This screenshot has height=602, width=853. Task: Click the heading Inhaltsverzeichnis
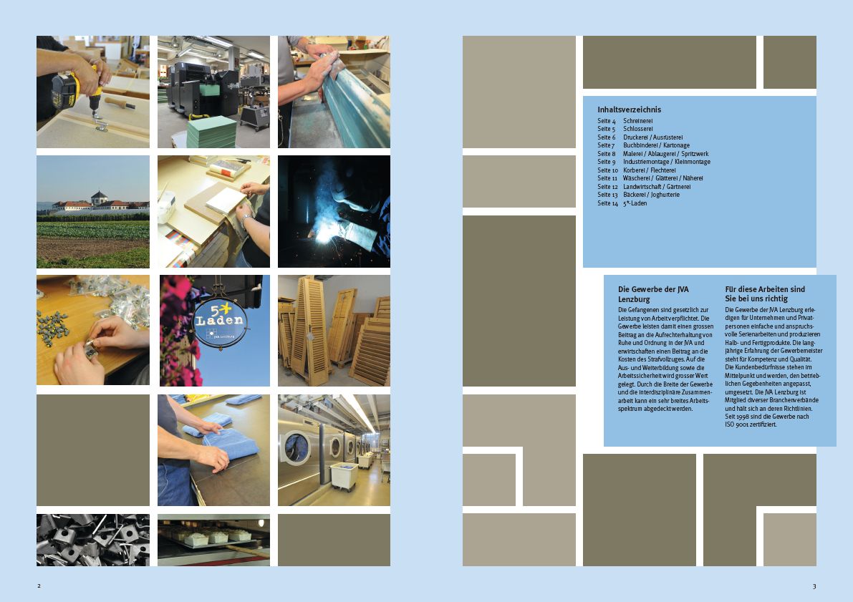629,110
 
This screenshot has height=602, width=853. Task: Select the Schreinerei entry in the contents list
637,121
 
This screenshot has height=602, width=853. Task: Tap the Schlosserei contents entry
637,129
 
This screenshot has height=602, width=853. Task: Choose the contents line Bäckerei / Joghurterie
651,195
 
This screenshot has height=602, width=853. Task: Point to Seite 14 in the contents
607,203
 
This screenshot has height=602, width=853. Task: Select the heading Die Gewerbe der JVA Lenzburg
653,294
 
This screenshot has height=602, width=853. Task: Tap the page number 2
39,586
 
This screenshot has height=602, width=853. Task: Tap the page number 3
814,586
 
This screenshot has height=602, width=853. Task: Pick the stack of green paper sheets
211,132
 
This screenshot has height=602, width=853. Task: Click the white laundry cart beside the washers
344,475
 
